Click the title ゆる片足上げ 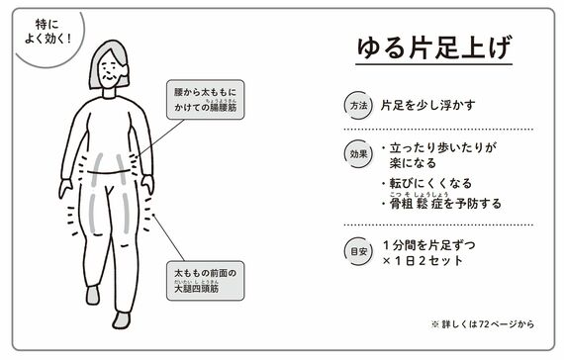(x=433, y=47)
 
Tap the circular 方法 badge (x=358, y=106)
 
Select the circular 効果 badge (x=358, y=154)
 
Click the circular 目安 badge (x=358, y=251)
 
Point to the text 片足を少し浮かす (x=428, y=106)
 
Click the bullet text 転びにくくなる (x=430, y=183)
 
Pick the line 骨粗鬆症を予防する (x=445, y=204)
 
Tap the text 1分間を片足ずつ (x=429, y=245)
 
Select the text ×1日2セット (x=423, y=260)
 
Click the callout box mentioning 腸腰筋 (x=205, y=100)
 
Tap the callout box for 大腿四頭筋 (x=205, y=281)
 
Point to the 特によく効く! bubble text (x=47, y=32)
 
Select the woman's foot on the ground (x=122, y=320)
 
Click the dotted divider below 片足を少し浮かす (x=438, y=130)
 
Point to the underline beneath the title (x=433, y=64)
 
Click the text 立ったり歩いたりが (x=443, y=147)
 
